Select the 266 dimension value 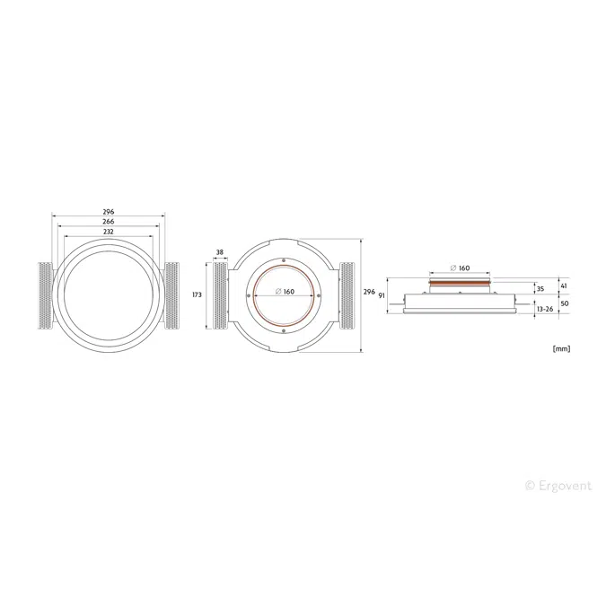(109, 221)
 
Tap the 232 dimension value (109, 232)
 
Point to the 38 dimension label (219, 252)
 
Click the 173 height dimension (197, 294)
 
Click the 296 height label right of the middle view (369, 292)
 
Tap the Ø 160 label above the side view (460, 268)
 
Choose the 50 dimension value (564, 304)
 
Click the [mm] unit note (562, 348)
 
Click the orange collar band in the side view (460, 282)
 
